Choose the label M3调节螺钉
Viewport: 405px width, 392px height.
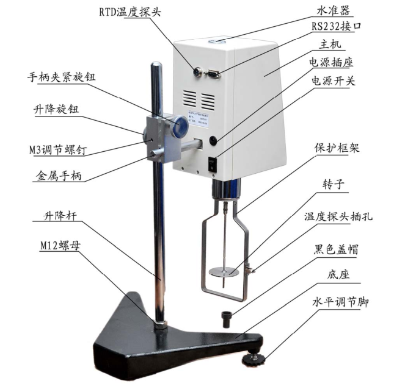click(59, 148)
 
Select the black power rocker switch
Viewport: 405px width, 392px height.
click(212, 163)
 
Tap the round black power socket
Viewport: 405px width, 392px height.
click(213, 140)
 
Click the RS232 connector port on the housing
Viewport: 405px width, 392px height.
click(214, 74)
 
